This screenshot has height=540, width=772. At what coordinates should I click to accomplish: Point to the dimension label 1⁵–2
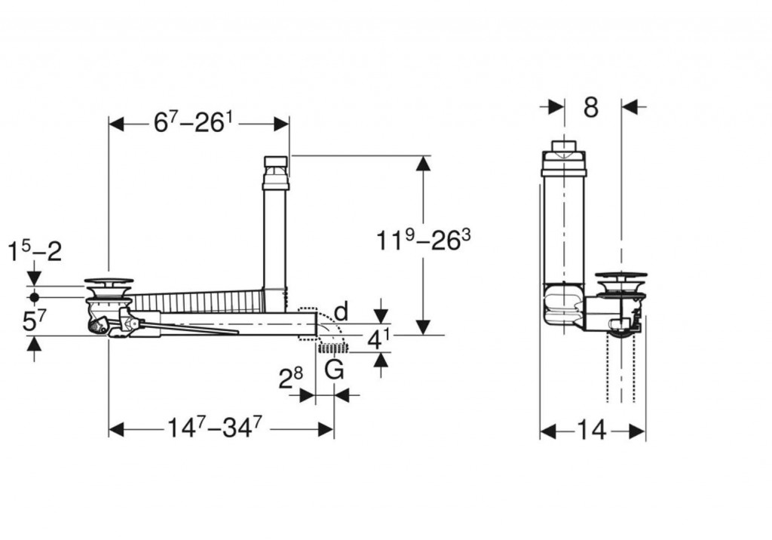(x=35, y=252)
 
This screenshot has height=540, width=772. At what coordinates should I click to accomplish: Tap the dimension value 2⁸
(x=290, y=379)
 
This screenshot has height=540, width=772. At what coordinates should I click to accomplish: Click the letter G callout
(x=334, y=369)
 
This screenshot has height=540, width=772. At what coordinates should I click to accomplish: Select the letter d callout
(x=342, y=311)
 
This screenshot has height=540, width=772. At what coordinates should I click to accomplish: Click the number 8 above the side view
(x=591, y=107)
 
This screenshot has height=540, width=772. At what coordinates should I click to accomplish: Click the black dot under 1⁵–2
(x=34, y=297)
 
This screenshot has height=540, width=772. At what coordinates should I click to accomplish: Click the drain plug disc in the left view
(x=109, y=281)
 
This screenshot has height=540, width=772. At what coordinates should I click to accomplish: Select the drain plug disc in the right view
(x=621, y=276)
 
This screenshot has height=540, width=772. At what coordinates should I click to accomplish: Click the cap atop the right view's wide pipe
(x=564, y=158)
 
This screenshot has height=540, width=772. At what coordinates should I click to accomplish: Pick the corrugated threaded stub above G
(x=333, y=349)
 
